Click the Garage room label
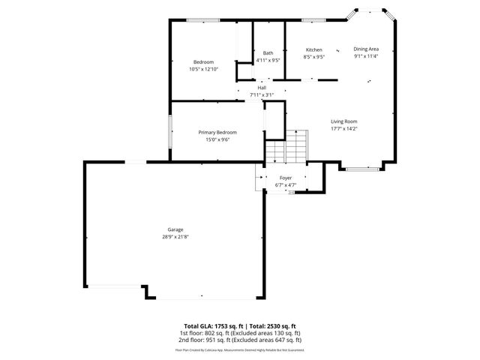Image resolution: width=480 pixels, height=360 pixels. pos(175,229)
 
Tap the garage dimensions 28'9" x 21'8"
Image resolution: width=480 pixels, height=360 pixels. pos(175,237)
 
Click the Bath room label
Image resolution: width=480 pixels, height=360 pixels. pos(268,52)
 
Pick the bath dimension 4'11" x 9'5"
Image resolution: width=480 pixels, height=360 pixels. pos(268,60)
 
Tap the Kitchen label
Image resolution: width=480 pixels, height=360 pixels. pos(313,49)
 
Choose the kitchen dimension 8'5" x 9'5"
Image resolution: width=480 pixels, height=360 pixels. pos(313,56)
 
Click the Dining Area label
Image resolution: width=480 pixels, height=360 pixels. pos(367,48)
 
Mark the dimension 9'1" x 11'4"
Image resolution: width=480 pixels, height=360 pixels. pos(367,55)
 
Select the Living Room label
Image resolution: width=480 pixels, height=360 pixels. pos(344,121)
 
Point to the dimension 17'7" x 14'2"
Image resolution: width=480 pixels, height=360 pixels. pos(344,129)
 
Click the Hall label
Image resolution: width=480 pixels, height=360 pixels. pos(262,87)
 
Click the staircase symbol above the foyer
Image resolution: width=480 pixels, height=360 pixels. pos(288,145)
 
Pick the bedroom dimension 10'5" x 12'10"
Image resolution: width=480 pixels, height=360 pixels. pos(203,69)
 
